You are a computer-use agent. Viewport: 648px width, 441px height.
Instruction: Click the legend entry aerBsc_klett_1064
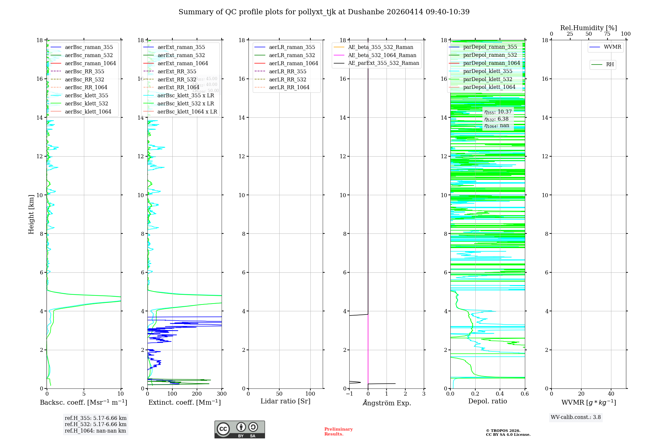click(88, 112)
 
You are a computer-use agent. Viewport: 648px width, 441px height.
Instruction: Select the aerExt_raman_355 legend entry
click(181, 47)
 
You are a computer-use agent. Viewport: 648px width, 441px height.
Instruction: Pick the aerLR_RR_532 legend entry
click(287, 79)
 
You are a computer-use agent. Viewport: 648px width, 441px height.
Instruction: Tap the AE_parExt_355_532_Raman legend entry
click(383, 63)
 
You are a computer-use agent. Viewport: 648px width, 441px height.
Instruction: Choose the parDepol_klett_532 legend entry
click(488, 79)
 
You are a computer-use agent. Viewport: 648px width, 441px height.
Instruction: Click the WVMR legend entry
click(612, 47)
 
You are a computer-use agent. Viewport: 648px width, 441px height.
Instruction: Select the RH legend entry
click(610, 65)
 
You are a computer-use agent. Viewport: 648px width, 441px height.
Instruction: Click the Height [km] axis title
click(31, 214)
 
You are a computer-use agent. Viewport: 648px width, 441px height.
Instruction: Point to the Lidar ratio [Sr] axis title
click(285, 401)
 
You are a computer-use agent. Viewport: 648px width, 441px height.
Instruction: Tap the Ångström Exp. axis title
click(387, 403)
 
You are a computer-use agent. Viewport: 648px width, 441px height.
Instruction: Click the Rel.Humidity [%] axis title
click(588, 28)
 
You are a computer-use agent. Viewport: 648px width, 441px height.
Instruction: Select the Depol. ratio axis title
click(487, 401)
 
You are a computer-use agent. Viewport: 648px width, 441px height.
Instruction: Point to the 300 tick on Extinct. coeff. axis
click(222, 394)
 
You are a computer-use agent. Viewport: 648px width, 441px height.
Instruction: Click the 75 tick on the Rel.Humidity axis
click(607, 34)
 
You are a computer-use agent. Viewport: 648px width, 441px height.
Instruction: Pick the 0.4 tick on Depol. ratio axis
click(500, 394)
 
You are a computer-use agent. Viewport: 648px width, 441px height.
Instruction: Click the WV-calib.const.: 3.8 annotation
click(576, 417)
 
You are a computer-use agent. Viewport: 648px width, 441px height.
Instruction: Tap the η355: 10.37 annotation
click(498, 112)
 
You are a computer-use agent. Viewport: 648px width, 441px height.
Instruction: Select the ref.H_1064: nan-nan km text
click(95, 431)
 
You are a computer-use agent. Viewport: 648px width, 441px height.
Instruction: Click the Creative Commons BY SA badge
click(239, 429)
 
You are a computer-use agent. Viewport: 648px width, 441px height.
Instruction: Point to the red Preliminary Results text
click(338, 432)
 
